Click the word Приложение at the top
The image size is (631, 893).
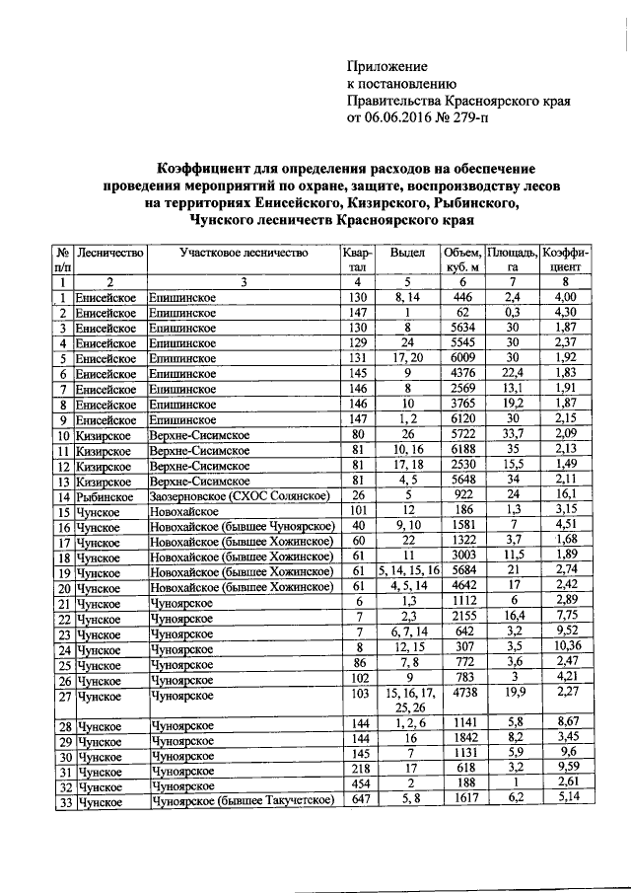[x=387, y=66]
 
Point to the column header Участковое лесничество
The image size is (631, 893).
[x=244, y=253]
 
